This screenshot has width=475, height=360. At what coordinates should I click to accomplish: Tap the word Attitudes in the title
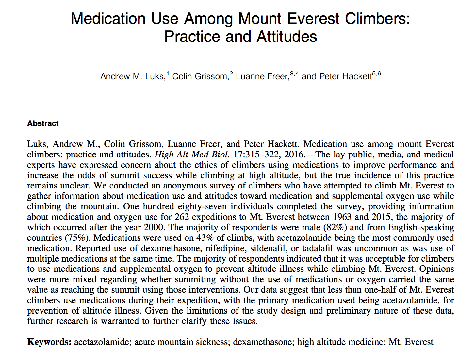pos(287,37)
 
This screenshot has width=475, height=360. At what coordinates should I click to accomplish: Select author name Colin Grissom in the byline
pos(200,76)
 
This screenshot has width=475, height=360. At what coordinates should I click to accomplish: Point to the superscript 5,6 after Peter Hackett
pos(377,74)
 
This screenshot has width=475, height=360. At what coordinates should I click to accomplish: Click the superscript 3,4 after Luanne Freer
pos(294,74)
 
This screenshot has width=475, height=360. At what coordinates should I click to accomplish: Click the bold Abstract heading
pos(43,123)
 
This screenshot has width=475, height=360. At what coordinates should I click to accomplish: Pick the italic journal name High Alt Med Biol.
pos(192,155)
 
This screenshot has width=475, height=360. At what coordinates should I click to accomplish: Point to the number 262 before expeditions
pos(182,217)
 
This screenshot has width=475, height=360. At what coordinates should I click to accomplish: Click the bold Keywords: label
pos(49,342)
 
